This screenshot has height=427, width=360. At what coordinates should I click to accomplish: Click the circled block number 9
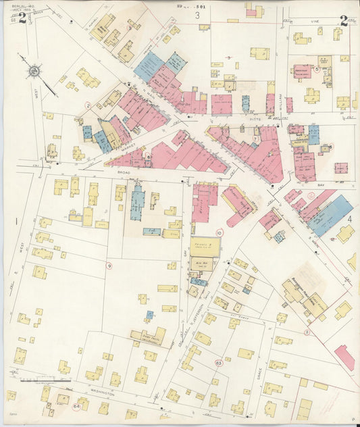108,266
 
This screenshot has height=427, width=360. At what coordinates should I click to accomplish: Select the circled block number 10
219,232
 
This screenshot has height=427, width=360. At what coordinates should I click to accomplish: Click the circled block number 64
77,406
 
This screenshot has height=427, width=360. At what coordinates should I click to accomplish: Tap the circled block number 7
255,139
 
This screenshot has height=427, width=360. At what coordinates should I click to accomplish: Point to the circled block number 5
316,68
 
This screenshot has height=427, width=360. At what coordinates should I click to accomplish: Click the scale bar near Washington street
37,381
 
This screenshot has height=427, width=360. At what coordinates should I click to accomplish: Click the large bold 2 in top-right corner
344,20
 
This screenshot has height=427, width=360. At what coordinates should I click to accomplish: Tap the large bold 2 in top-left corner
22,19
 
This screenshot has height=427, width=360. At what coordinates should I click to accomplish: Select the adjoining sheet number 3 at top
198,15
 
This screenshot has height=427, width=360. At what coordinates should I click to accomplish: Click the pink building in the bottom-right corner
344,357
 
